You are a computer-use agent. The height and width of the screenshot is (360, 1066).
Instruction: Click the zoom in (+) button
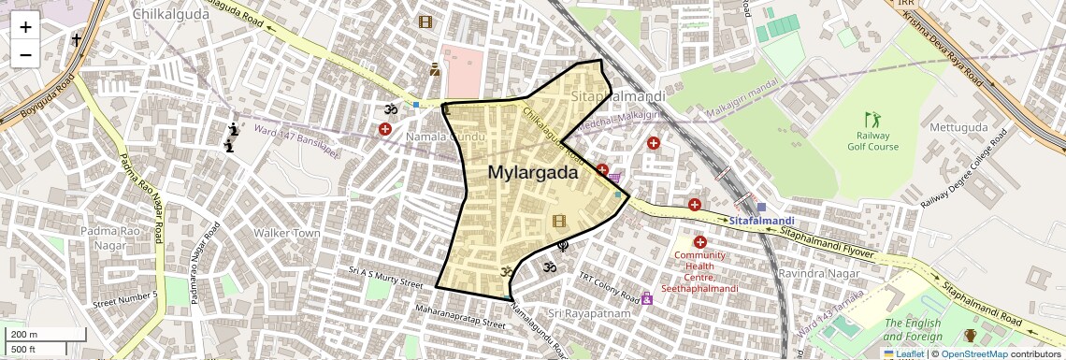pos(25,26)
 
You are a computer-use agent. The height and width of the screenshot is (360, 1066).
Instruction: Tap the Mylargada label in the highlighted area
pos(532,172)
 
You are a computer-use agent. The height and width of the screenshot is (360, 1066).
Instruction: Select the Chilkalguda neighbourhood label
pos(169,14)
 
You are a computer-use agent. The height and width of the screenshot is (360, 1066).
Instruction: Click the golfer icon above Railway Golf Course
pos(872,120)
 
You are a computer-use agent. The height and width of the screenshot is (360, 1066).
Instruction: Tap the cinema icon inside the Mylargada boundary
pos(559,221)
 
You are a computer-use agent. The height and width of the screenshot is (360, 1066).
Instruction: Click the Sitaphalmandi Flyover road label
pos(827,241)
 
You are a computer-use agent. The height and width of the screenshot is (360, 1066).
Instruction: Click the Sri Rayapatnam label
pos(590,313)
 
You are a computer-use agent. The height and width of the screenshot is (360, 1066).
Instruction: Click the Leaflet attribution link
pos(903,353)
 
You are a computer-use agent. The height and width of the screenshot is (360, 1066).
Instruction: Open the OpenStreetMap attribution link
pos(973,353)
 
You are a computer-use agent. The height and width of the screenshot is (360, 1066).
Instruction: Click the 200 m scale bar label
pos(22,335)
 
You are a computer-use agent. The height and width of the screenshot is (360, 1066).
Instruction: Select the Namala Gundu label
pos(445,137)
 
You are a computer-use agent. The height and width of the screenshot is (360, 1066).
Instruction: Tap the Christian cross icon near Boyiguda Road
pos(77,41)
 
